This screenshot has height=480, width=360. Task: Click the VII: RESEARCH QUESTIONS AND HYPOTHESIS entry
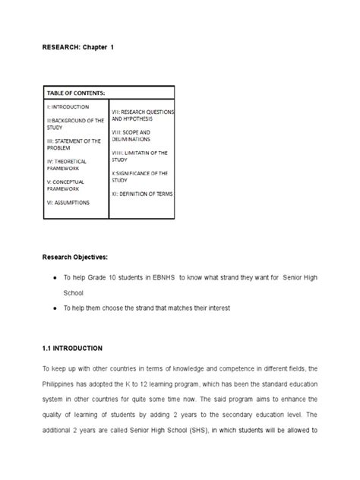point(142,115)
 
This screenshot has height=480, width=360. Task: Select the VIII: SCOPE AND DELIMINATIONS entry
point(137,136)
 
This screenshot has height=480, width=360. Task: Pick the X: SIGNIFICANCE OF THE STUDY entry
point(139,177)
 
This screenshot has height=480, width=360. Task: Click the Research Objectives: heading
point(75,256)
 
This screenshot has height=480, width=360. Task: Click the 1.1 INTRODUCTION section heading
point(72,348)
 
